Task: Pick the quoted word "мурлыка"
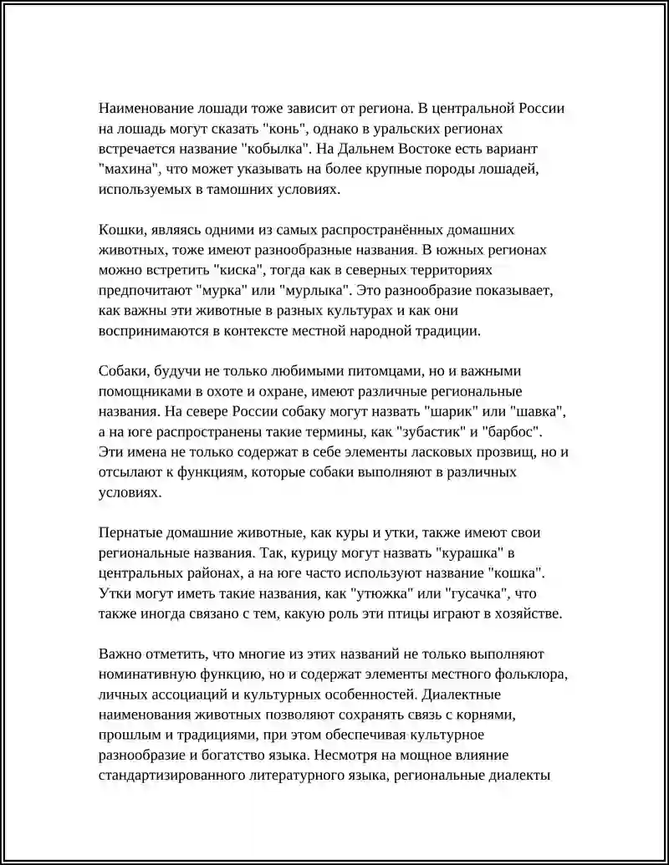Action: [317, 290]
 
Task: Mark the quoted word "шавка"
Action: [535, 412]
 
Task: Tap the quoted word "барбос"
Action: [513, 432]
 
